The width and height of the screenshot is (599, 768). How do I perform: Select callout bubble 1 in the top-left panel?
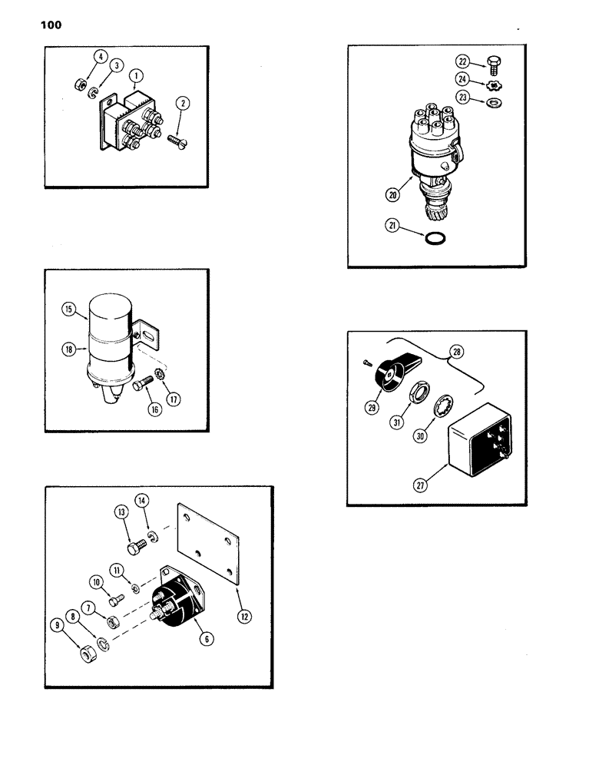(x=135, y=76)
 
